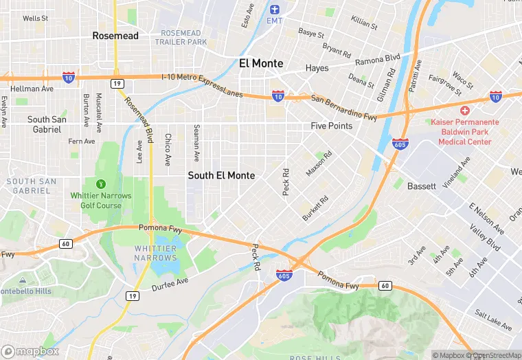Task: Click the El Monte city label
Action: click(x=261, y=63)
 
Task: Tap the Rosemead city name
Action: click(x=115, y=36)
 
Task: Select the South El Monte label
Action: click(x=221, y=176)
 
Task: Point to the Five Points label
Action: click(x=331, y=126)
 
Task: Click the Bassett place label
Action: click(x=421, y=186)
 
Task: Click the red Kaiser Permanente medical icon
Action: click(x=465, y=111)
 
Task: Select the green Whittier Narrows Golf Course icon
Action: click(x=101, y=183)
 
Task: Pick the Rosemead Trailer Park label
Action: click(x=181, y=38)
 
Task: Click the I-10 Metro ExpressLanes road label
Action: click(x=202, y=85)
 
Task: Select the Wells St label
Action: click(x=35, y=19)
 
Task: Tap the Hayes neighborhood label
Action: click(x=317, y=68)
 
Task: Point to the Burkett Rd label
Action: click(x=315, y=209)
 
